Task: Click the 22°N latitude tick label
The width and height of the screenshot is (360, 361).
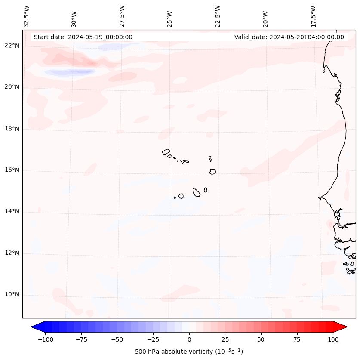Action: coord(12,46)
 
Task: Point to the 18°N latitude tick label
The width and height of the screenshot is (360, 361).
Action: coord(12,129)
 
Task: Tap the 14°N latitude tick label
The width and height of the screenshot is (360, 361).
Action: coord(12,211)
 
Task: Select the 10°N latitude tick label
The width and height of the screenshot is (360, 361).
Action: coord(12,295)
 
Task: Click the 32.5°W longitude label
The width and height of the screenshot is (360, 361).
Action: coord(27,16)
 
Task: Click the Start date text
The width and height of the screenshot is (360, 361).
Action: coord(83,37)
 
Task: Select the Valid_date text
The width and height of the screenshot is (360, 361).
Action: coord(289,37)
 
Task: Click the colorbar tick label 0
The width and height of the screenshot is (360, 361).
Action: coord(189,339)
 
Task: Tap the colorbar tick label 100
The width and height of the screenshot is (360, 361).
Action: coord(333,339)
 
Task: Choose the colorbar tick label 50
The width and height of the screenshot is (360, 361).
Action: coord(261,339)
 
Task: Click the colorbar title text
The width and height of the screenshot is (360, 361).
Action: coord(189,352)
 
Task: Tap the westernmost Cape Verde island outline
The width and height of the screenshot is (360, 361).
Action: coord(166,152)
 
